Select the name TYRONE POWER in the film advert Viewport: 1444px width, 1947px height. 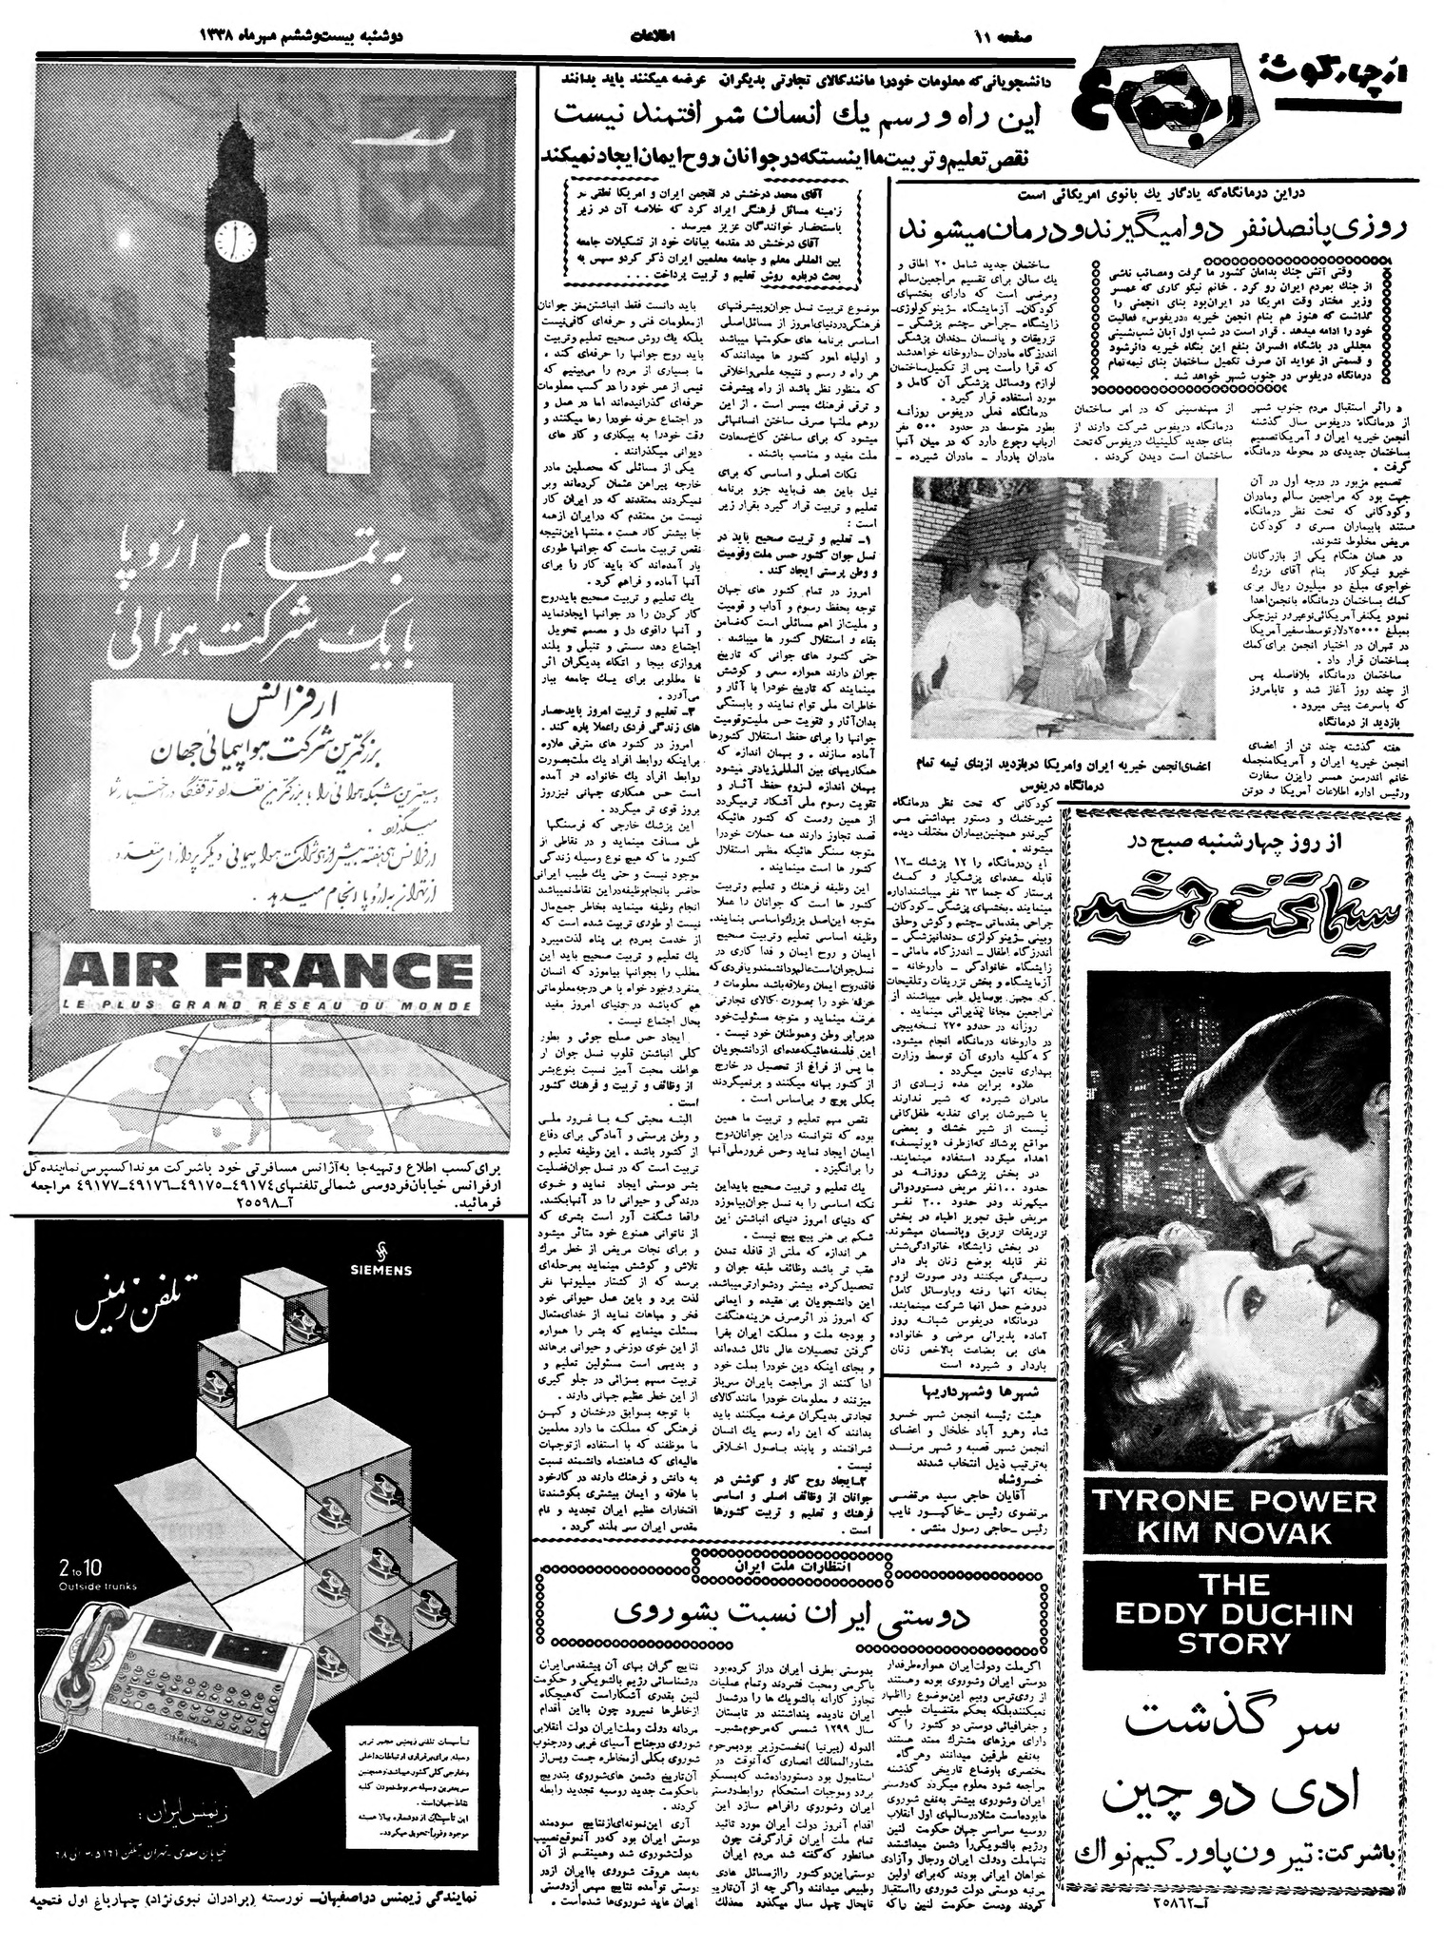(x=1235, y=1502)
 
